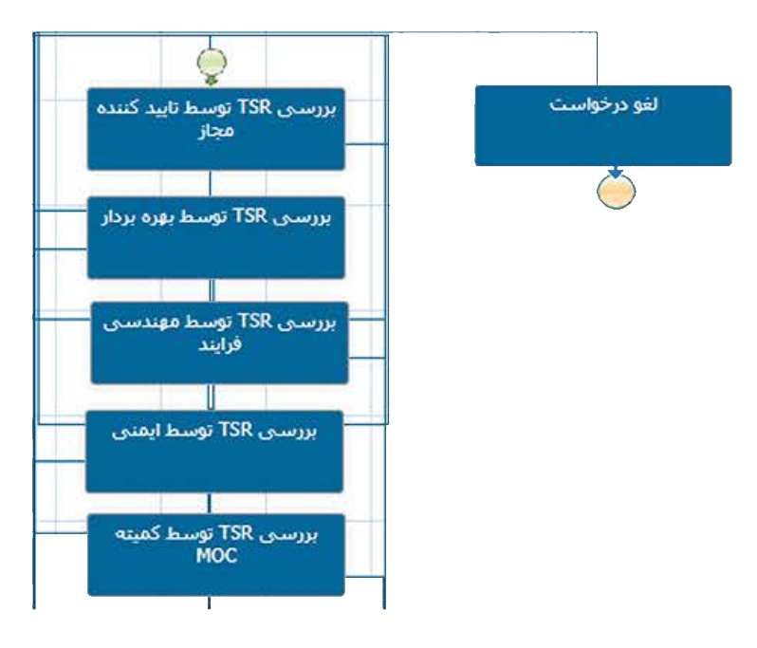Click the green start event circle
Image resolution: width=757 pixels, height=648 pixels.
click(x=212, y=63)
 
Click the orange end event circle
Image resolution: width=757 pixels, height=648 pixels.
click(x=616, y=191)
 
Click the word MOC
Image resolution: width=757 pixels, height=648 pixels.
click(x=215, y=556)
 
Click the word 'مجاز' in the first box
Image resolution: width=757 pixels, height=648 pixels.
click(x=215, y=132)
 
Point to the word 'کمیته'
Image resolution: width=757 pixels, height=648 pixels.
click(x=142, y=534)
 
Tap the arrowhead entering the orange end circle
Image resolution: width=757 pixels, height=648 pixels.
click(x=616, y=174)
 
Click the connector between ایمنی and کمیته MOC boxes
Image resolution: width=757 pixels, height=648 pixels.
click(x=212, y=503)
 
